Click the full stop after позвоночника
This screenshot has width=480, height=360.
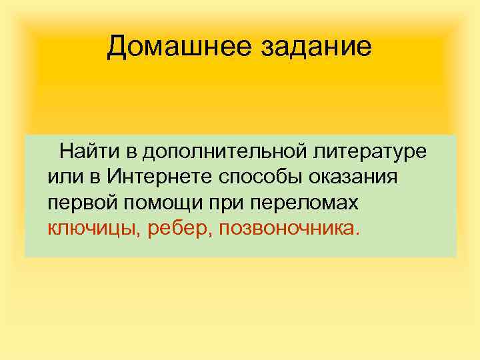tap(358, 235)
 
